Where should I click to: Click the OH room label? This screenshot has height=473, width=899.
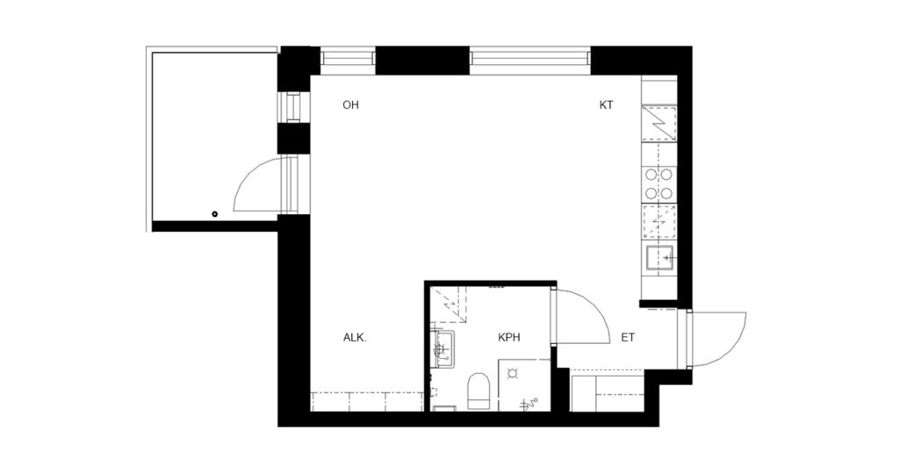click(x=350, y=105)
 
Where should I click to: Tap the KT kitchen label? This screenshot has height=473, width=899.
click(x=606, y=105)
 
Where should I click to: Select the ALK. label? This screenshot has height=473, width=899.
click(x=355, y=338)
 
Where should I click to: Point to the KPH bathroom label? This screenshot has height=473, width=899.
click(x=509, y=338)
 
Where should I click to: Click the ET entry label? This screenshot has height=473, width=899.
click(x=629, y=338)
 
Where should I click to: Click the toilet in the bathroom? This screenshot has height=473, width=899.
click(x=478, y=391)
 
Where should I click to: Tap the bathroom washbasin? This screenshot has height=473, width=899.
click(x=442, y=349)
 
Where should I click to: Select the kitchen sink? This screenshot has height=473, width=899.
click(x=660, y=258)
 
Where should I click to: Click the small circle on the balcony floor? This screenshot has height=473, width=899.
click(x=215, y=214)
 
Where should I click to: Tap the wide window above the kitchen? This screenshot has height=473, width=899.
click(x=529, y=60)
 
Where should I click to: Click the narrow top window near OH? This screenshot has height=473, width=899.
click(x=348, y=59)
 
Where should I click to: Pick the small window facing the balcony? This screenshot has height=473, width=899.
click(x=293, y=107)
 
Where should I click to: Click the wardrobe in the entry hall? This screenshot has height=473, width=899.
click(x=608, y=391)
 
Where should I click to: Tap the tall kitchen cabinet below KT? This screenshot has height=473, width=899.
click(x=659, y=123)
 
